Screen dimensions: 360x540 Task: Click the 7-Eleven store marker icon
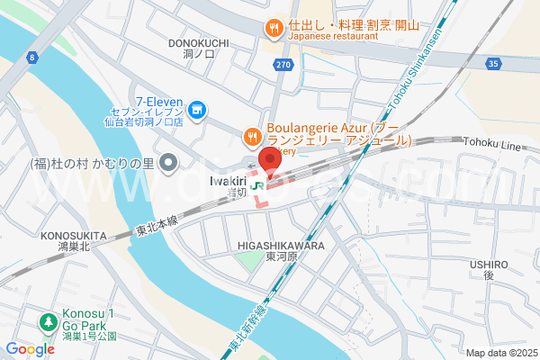coord(198,112)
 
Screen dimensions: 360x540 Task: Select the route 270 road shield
coord(283,65)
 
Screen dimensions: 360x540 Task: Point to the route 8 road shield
coord(32,58)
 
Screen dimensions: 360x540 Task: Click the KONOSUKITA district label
coord(74,236)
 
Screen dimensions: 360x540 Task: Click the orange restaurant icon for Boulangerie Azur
coord(252,136)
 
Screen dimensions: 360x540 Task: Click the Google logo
coord(30,349)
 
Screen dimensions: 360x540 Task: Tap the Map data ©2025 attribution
coord(500,352)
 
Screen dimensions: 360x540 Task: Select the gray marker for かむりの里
coord(167,163)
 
